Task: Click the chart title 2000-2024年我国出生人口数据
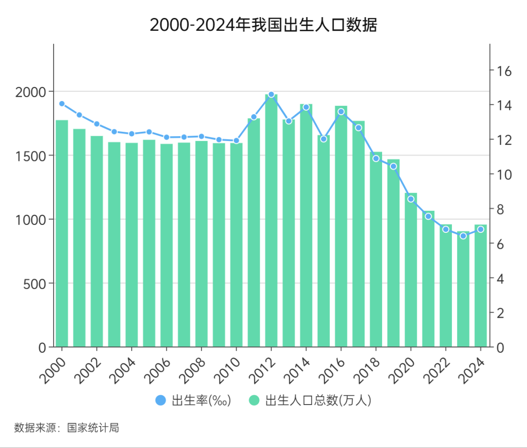[x=263, y=25]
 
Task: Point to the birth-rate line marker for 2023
[x=463, y=236]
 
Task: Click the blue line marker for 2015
[x=324, y=139]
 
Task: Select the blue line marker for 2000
[x=62, y=103]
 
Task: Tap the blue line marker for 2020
[x=411, y=199]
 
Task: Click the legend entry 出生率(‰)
[x=193, y=401]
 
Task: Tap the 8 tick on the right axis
[x=498, y=209]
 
